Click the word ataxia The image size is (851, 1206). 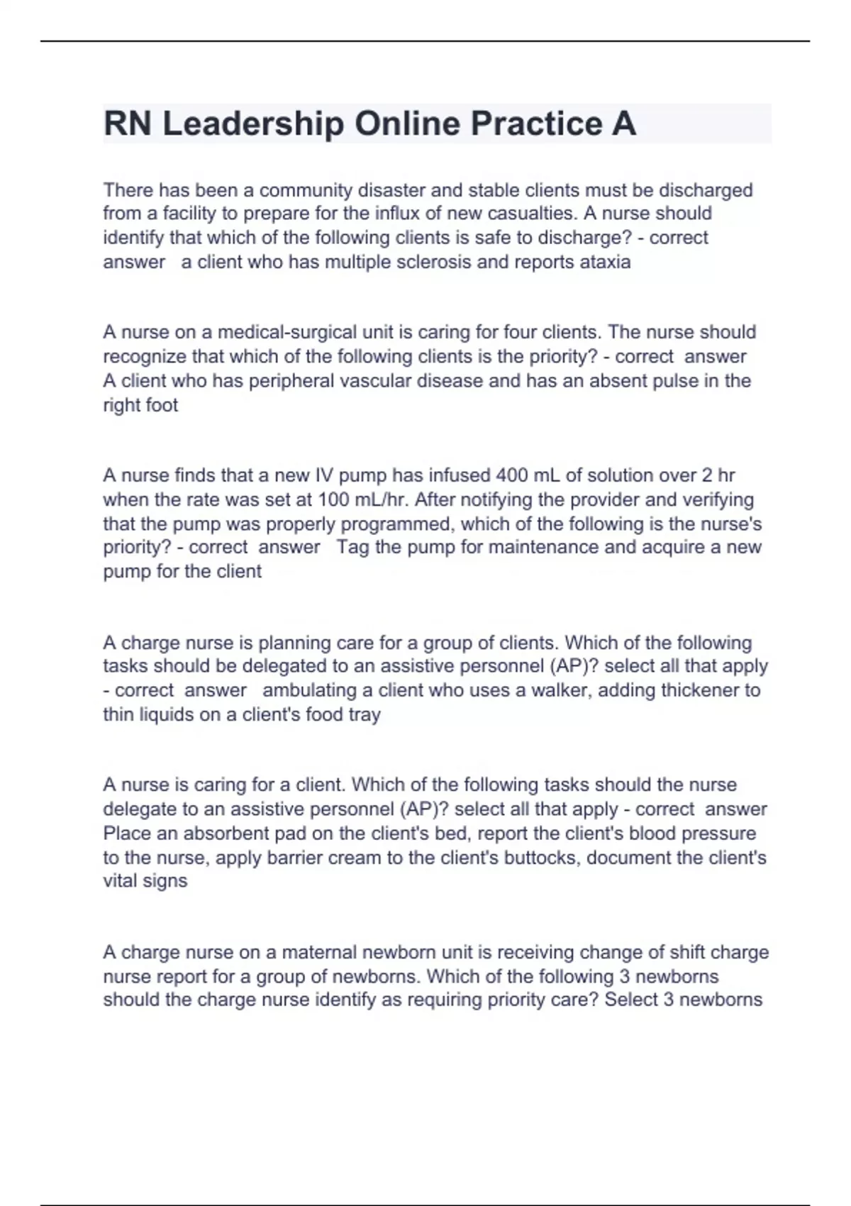click(605, 262)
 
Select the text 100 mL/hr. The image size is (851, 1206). click(363, 499)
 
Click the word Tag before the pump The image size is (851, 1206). click(352, 547)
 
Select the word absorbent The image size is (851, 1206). click(220, 834)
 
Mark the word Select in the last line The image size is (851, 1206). click(630, 1000)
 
